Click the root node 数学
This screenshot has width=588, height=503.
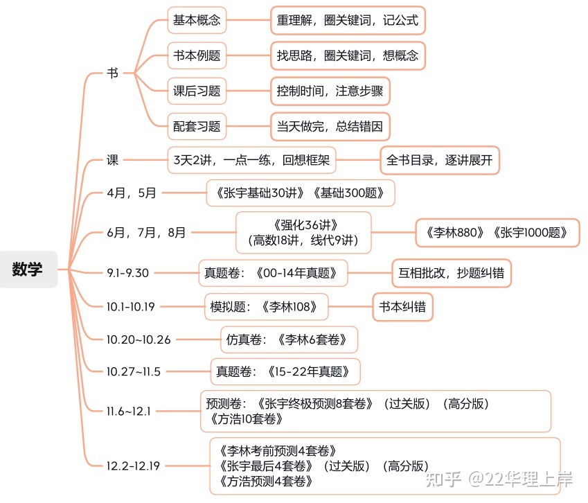pos(28,270)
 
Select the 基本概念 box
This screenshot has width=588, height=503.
pos(197,20)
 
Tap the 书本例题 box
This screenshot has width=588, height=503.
pos(197,55)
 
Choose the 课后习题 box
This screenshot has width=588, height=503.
pos(197,91)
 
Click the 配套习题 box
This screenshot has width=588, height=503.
pos(197,126)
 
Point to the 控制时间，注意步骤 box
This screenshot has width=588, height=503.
pos(330,91)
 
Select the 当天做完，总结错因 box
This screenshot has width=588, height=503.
pos(330,126)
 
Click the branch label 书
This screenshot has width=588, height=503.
pos(112,73)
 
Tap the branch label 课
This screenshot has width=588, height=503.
pos(112,160)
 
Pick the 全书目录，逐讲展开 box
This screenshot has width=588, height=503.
pos(440,160)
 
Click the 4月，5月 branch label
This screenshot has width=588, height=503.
pos(132,193)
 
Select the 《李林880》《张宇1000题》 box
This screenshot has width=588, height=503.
pos(497,233)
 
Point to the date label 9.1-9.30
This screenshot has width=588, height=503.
pos(128,273)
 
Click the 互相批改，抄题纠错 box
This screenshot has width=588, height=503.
pos(451,273)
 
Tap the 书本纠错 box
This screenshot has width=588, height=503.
pos(403,307)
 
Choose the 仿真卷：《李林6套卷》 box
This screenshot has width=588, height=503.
pos(289,339)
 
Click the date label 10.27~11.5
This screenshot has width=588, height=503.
pos(134,372)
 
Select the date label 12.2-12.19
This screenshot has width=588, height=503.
pos(133,466)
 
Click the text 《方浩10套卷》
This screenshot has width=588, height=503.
pos(245,418)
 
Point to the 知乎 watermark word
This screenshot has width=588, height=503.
pos(443,479)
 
